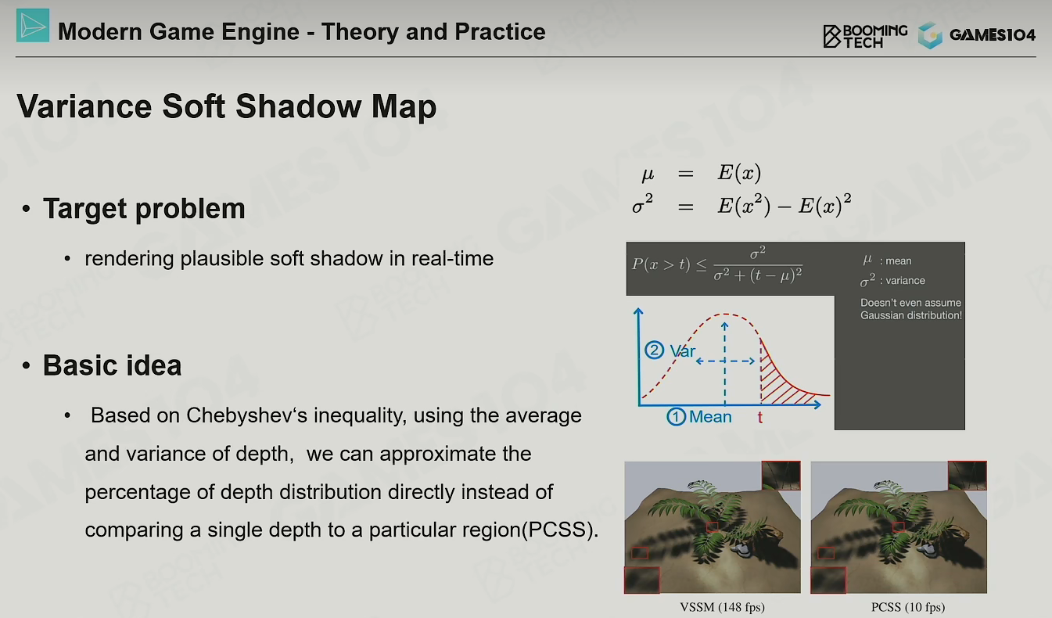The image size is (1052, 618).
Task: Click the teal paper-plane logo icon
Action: [33, 25]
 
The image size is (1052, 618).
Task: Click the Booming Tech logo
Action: [865, 36]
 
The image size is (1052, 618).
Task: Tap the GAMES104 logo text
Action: [992, 34]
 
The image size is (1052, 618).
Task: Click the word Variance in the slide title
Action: [84, 106]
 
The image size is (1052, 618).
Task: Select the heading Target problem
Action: [144, 208]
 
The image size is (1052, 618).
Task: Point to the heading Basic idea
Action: [112, 365]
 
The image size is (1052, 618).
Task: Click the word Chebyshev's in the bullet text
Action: [246, 416]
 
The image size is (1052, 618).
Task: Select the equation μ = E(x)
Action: [701, 174]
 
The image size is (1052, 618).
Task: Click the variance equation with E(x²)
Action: [741, 205]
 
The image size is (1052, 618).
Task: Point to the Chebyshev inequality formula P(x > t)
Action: [716, 265]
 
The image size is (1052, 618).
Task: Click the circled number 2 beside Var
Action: [654, 350]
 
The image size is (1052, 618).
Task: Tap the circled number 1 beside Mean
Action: [677, 416]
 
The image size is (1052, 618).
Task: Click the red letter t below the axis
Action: [760, 417]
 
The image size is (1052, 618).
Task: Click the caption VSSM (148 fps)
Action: [722, 607]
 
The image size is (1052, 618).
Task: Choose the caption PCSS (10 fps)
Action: [908, 607]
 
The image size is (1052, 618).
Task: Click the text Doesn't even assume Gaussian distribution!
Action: [911, 309]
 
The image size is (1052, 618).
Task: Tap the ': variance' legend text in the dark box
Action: [902, 281]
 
